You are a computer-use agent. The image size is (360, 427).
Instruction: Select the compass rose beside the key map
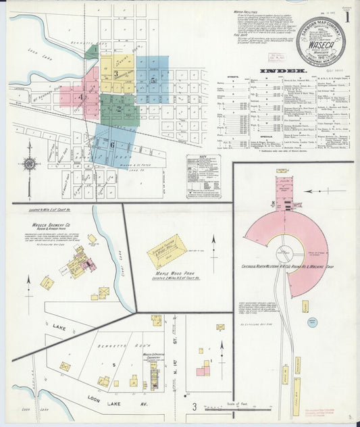point(29,163)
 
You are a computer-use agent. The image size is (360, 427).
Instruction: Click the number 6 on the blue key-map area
point(112,144)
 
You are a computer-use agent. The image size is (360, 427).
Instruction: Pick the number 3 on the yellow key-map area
point(116,73)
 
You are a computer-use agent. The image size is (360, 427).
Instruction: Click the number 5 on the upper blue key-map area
point(154,79)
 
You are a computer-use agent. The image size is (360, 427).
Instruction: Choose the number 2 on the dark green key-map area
point(120,108)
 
